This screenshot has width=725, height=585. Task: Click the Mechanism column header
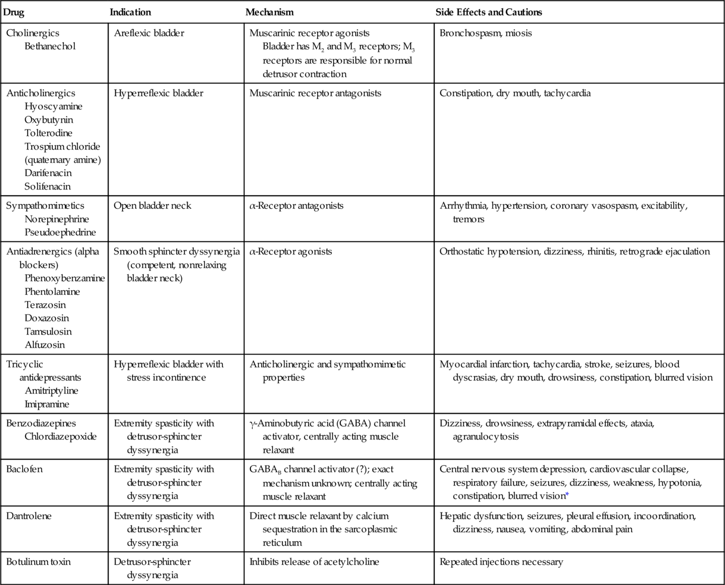tap(269, 12)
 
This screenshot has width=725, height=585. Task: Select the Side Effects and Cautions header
tap(489, 12)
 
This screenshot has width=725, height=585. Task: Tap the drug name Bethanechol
tap(50, 46)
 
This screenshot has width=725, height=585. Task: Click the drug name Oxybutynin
tap(49, 120)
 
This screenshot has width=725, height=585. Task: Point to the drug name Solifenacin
tap(48, 186)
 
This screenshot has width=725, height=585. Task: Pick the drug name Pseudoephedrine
tap(60, 232)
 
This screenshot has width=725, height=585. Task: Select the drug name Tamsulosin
tap(48, 331)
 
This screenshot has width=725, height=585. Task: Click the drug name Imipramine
tap(47, 404)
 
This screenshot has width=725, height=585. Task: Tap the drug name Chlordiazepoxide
tap(61, 436)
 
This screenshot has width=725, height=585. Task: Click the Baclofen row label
tap(24, 469)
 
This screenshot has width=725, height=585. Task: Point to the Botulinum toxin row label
tap(38, 561)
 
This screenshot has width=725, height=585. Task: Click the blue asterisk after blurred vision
tap(567, 495)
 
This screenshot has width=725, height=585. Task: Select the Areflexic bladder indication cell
tap(149, 33)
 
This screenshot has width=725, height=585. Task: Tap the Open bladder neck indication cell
tap(152, 205)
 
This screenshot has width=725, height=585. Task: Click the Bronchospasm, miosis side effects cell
tap(486, 33)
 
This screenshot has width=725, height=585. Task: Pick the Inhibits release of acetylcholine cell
tap(314, 562)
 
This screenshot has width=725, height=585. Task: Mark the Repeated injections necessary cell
tap(501, 562)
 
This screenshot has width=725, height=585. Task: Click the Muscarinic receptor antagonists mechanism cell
tap(315, 93)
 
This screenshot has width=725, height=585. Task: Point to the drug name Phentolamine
tap(52, 292)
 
